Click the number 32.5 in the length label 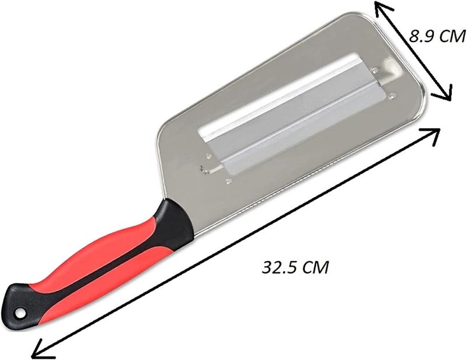[281, 267]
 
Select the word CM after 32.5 [316, 267]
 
